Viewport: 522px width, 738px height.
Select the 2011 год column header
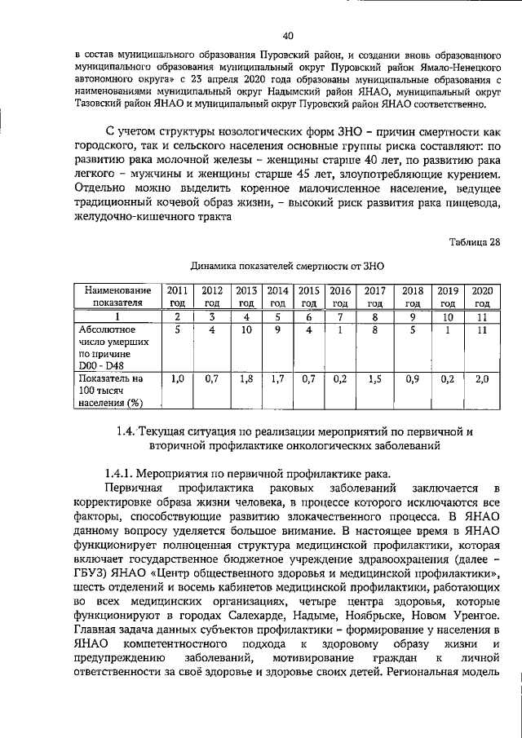tap(177, 295)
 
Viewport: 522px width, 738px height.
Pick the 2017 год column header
tap(374, 295)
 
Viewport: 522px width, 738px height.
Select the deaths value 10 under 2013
tap(246, 330)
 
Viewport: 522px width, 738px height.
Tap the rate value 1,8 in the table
tap(246, 379)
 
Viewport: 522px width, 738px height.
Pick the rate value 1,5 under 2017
tap(374, 379)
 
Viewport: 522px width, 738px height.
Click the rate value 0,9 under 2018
tap(413, 379)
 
